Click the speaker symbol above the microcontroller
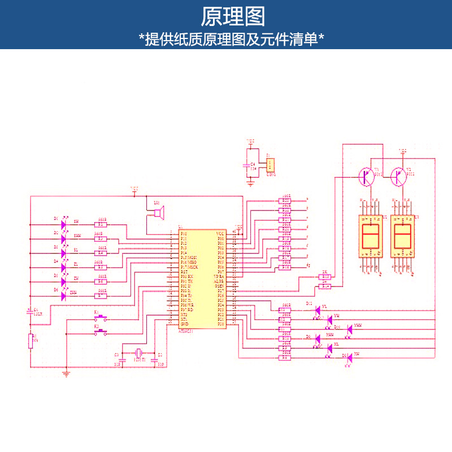[159, 213]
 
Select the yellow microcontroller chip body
[202, 280]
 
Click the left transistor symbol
[366, 177]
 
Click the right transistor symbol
[399, 177]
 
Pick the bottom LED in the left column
[63, 295]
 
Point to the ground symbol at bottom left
[66, 372]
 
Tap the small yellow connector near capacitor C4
[271, 166]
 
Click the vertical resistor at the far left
[31, 341]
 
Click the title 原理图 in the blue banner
[233, 17]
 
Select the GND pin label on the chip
[184, 324]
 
